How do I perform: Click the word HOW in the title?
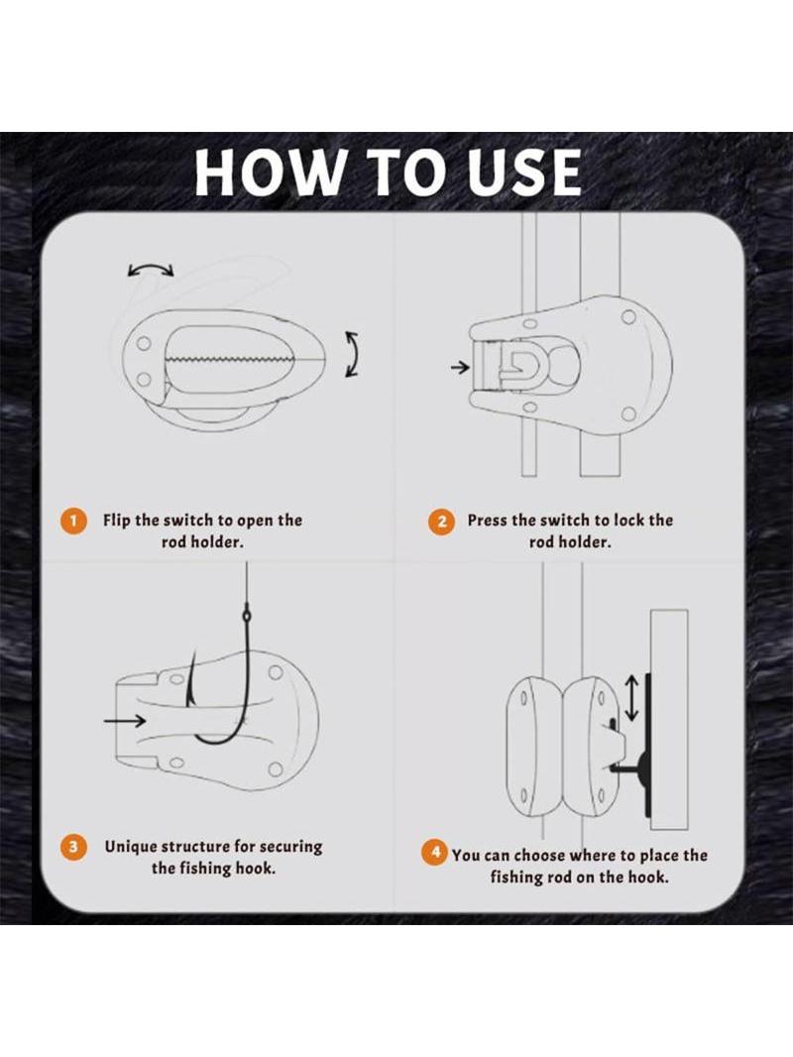pos(268,173)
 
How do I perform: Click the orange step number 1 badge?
pos(73,522)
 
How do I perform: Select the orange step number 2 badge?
pos(441,522)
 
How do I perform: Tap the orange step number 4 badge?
pos(435,852)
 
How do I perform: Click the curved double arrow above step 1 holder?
pos(151,269)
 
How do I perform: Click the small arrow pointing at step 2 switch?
pos(460,368)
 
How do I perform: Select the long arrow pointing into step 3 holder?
pos(125,721)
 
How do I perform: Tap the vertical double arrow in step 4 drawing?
pos(632,699)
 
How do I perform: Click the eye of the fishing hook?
pos(247,616)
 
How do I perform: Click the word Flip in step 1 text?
pos(117,521)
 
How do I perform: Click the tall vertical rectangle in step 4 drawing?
pos(668,719)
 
